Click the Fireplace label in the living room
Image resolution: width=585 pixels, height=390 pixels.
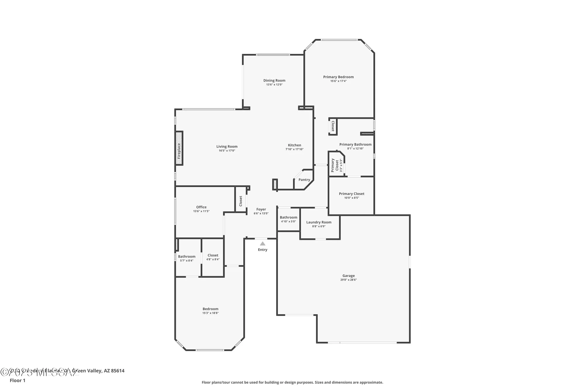click(x=179, y=151)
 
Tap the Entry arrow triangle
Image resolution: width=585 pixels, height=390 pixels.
click(x=263, y=243)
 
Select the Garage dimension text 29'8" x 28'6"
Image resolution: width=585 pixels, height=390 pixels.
click(x=348, y=280)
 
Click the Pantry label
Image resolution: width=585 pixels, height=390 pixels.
click(x=304, y=180)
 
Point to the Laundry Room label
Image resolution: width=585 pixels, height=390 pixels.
click(x=319, y=222)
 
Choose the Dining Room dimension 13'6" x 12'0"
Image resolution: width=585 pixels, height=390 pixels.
click(x=274, y=85)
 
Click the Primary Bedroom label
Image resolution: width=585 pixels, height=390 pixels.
click(x=338, y=77)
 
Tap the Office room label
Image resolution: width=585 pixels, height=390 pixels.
click(x=201, y=207)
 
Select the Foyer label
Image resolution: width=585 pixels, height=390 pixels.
click(x=261, y=209)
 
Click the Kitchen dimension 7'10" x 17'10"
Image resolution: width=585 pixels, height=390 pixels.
click(x=294, y=149)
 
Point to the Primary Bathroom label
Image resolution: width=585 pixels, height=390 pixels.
click(x=355, y=144)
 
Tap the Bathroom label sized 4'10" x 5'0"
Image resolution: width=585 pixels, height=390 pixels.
click(x=288, y=217)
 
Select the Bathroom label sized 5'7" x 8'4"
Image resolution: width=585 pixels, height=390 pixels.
click(x=187, y=256)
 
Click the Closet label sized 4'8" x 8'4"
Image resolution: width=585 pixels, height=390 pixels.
click(x=213, y=255)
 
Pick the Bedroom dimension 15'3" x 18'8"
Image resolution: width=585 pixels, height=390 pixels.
click(x=210, y=313)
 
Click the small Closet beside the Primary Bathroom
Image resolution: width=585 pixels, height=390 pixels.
click(x=333, y=126)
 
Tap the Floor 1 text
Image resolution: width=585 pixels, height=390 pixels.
click(x=18, y=380)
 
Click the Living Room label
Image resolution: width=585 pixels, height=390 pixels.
click(x=227, y=147)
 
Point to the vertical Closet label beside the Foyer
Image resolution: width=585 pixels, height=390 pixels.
click(x=241, y=201)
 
